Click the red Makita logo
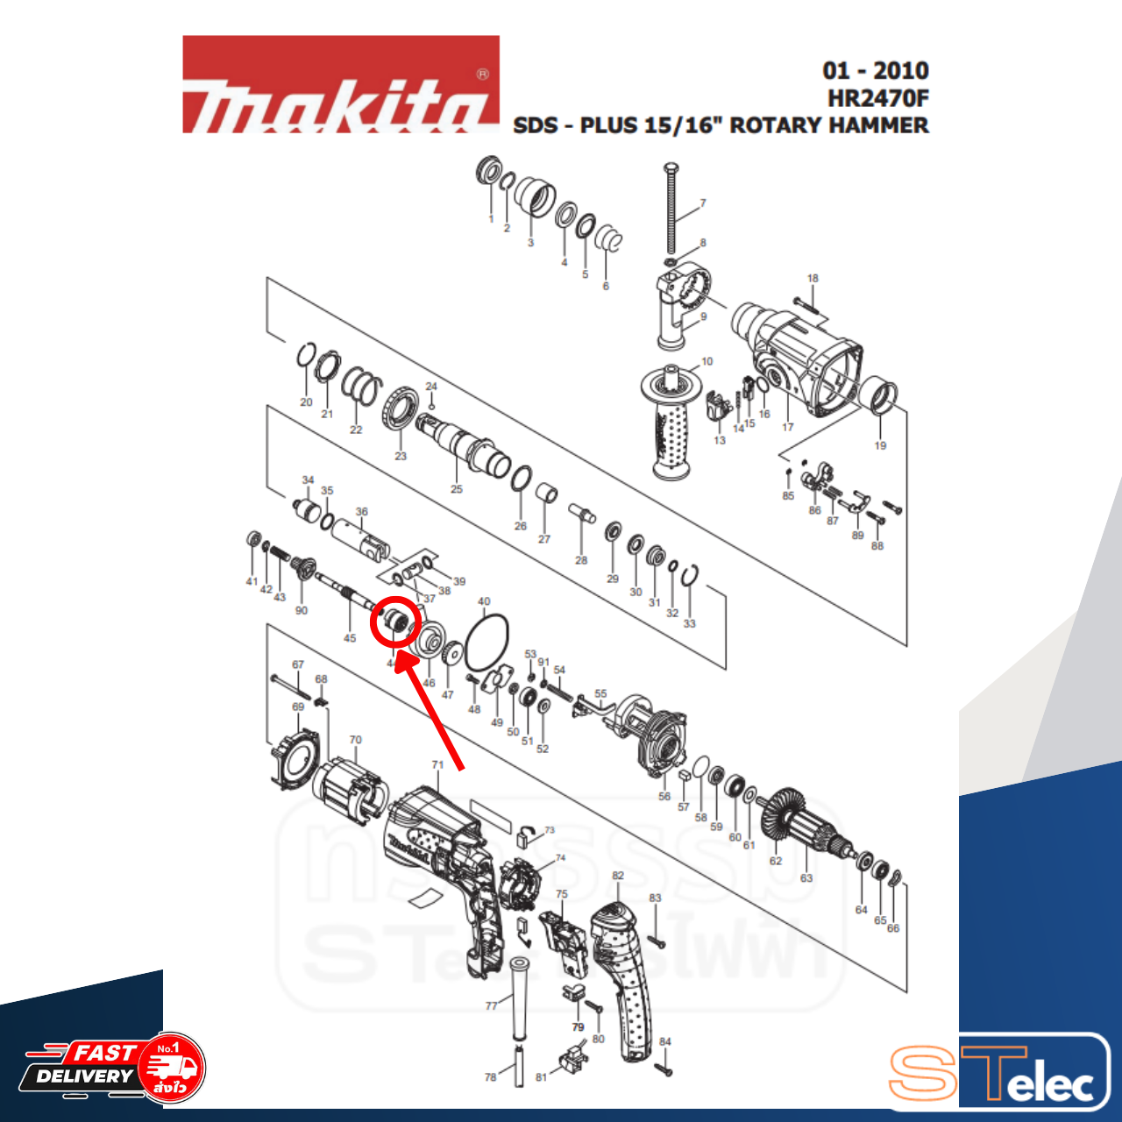point(340,85)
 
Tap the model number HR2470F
point(877,97)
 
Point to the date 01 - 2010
point(875,70)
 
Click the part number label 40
point(484,602)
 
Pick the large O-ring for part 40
point(486,643)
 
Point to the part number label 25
point(457,489)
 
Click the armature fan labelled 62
point(783,819)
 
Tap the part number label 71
point(437,765)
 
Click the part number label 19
point(880,445)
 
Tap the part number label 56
point(664,796)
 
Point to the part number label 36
point(362,512)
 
